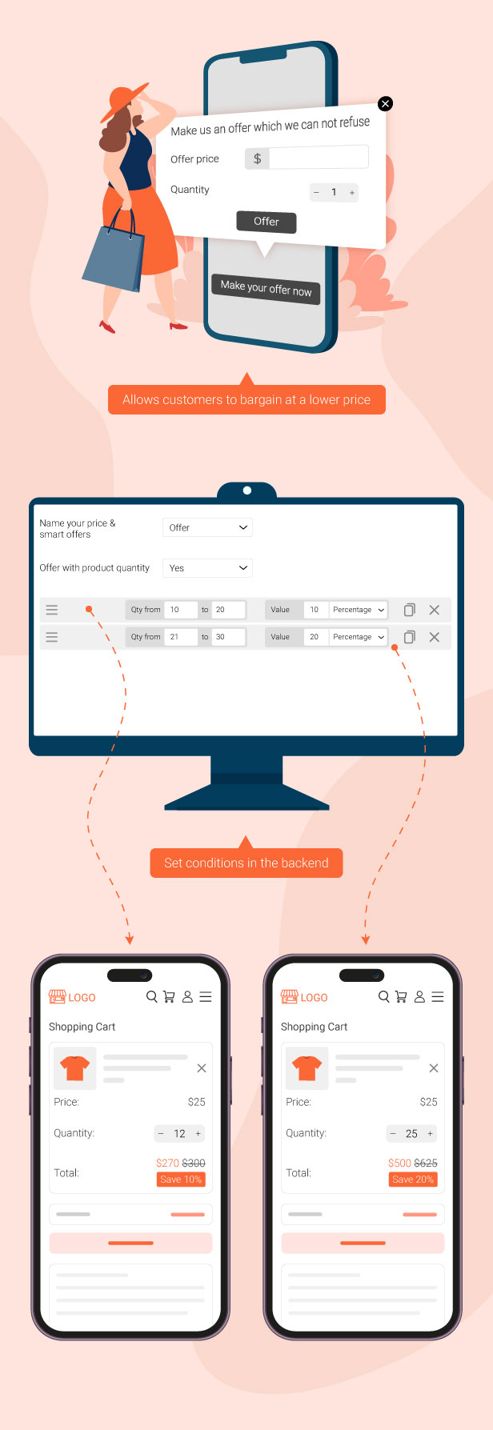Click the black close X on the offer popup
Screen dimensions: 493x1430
(x=385, y=103)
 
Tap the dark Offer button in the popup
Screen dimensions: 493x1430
(x=267, y=222)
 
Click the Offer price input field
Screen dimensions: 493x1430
(x=319, y=158)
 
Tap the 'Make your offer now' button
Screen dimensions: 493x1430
(x=267, y=288)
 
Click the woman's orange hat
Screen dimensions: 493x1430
(x=125, y=101)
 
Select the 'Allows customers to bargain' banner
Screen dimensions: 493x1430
(x=246, y=399)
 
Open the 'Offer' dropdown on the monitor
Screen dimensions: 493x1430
(x=207, y=527)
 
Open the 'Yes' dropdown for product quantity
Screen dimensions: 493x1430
(x=207, y=568)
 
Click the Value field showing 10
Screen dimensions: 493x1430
(x=316, y=610)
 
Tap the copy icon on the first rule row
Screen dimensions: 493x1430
(x=409, y=610)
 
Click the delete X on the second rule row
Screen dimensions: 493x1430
(x=435, y=637)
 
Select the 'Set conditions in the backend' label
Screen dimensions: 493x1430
(x=246, y=863)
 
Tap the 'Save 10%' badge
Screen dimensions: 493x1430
(x=181, y=1180)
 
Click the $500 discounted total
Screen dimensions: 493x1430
(x=399, y=1163)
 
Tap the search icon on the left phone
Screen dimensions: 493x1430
(x=152, y=997)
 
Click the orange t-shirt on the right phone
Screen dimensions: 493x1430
(x=307, y=1068)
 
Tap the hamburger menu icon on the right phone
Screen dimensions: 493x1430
(x=438, y=997)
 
